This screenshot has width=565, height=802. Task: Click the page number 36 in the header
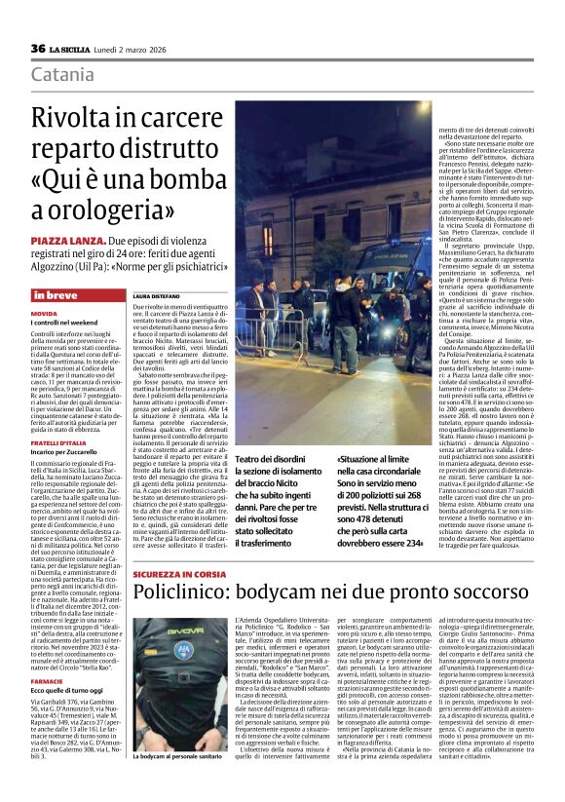pyautogui.click(x=38, y=48)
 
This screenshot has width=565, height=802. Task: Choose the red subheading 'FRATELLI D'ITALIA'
pyautogui.click(x=57, y=442)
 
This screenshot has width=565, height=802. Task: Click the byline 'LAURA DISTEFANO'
pyautogui.click(x=155, y=294)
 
